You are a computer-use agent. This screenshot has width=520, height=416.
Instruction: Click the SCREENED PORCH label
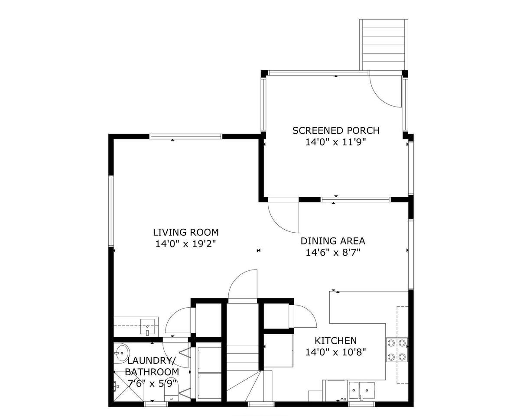(x=336, y=130)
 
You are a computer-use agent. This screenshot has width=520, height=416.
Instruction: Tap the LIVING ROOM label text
(x=186, y=232)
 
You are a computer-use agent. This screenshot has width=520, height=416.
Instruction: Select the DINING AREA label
(x=333, y=241)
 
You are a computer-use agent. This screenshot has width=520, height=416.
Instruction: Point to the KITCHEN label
(x=336, y=341)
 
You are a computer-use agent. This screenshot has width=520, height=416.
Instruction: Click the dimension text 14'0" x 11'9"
(x=336, y=142)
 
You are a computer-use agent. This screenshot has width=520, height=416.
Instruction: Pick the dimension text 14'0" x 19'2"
(x=185, y=244)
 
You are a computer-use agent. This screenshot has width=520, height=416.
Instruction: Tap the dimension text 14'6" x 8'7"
(x=333, y=253)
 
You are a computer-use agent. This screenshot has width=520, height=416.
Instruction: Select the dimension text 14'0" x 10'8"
(x=336, y=352)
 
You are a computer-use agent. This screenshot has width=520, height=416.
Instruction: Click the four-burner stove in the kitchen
(x=397, y=350)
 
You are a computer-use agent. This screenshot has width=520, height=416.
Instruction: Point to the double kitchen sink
(x=361, y=390)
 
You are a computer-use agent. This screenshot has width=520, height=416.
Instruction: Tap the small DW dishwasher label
(x=343, y=399)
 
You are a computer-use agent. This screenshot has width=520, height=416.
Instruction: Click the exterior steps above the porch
(x=384, y=45)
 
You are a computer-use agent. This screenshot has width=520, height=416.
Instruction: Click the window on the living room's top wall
(x=185, y=136)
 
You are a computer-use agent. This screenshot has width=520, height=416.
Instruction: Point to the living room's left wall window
(x=111, y=211)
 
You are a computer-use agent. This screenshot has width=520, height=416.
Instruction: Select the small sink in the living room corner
(x=147, y=327)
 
